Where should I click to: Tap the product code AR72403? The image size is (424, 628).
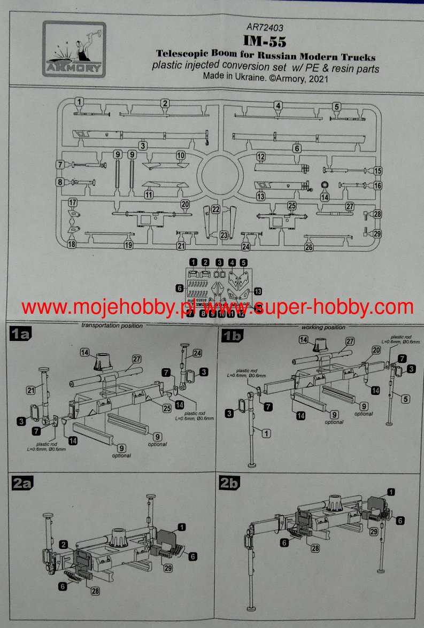[x=265, y=28]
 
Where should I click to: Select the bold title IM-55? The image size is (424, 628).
[x=265, y=42]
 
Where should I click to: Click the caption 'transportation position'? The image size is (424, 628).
[x=112, y=325]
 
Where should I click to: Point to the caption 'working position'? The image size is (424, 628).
[x=323, y=327]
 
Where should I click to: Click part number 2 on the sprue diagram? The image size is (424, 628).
[x=166, y=104]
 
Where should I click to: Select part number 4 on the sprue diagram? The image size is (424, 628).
[x=279, y=105]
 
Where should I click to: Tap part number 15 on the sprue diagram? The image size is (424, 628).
[x=378, y=172]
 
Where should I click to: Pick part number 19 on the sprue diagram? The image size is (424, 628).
[x=128, y=245]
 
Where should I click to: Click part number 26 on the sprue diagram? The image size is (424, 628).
[x=309, y=247]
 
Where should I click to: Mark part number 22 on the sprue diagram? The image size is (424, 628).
[x=215, y=209]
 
